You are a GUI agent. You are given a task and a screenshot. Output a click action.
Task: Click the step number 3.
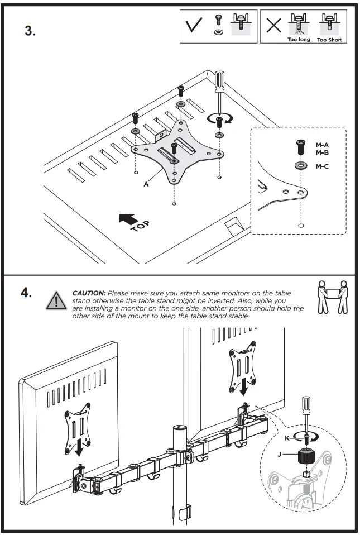click(x=30, y=31)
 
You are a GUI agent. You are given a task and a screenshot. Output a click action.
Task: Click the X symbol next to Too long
click(x=273, y=27)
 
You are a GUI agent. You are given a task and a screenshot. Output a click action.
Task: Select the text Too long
click(x=299, y=40)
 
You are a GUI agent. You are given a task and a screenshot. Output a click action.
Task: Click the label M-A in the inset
click(x=322, y=145)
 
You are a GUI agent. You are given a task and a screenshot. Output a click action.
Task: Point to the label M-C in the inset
click(x=322, y=166)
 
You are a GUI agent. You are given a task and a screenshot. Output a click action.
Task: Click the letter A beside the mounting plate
click(x=146, y=184)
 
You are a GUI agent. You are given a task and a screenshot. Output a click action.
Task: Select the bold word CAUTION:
click(x=89, y=293)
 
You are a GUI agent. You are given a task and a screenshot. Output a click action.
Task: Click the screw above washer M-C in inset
click(x=301, y=148)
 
